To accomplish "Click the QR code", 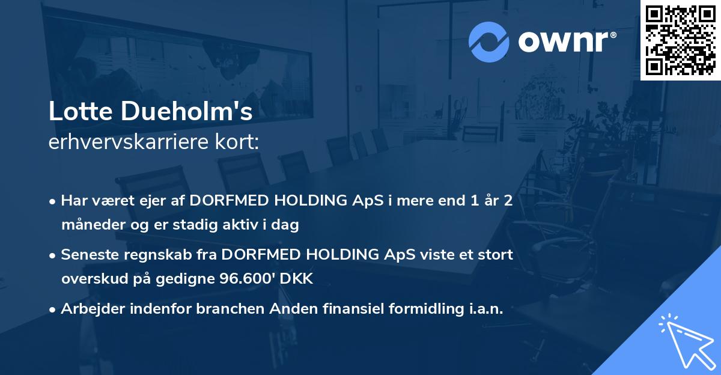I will click(680, 40).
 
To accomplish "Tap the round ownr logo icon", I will click(489, 41).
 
